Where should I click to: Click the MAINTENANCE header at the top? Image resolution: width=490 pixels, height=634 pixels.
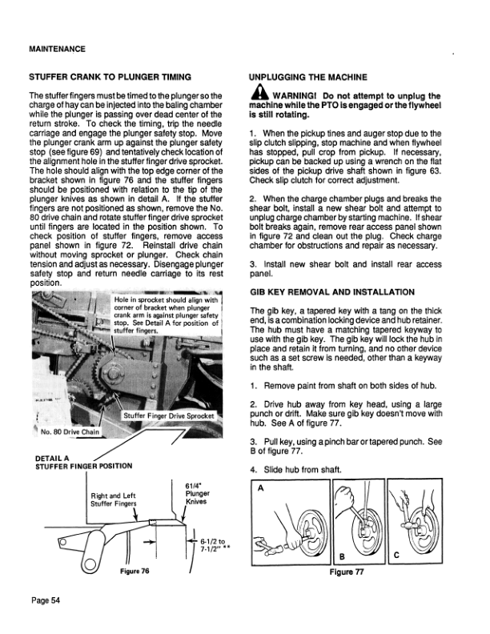point(57,49)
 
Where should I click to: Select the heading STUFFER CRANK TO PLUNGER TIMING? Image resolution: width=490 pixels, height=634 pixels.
point(109,77)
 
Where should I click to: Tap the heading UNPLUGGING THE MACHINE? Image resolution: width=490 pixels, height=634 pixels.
point(308,77)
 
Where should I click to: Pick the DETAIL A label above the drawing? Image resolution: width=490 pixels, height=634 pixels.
point(54,457)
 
